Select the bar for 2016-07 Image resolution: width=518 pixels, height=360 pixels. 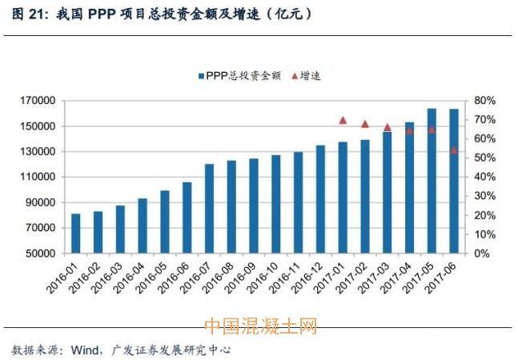[210, 209]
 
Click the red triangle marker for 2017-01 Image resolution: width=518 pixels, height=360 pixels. [343, 120]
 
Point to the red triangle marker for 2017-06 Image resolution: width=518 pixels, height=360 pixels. [454, 150]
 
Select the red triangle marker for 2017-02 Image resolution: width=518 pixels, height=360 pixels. [365, 124]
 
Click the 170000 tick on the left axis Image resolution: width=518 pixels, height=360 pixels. [37, 101]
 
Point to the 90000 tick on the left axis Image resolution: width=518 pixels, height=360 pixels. [39, 202]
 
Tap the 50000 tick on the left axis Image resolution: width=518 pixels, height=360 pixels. [39, 254]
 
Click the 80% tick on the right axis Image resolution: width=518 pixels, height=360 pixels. [486, 101]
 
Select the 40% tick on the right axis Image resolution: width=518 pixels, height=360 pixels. [486, 177]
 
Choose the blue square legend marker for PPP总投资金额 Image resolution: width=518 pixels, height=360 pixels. [200, 76]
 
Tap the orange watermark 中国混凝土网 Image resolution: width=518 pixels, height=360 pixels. [260, 326]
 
